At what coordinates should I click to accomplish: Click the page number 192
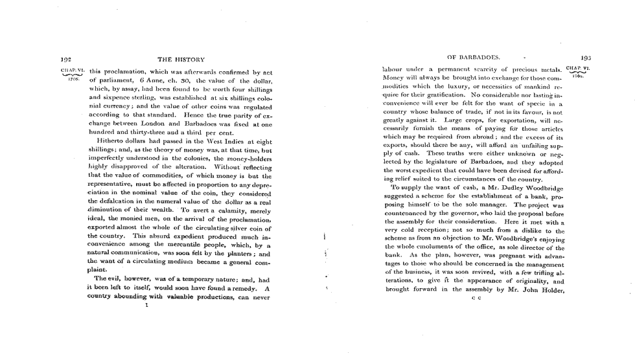tap(64, 59)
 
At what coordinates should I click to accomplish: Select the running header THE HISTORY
tap(185, 60)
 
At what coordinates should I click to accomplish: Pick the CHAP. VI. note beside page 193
tap(577, 69)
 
